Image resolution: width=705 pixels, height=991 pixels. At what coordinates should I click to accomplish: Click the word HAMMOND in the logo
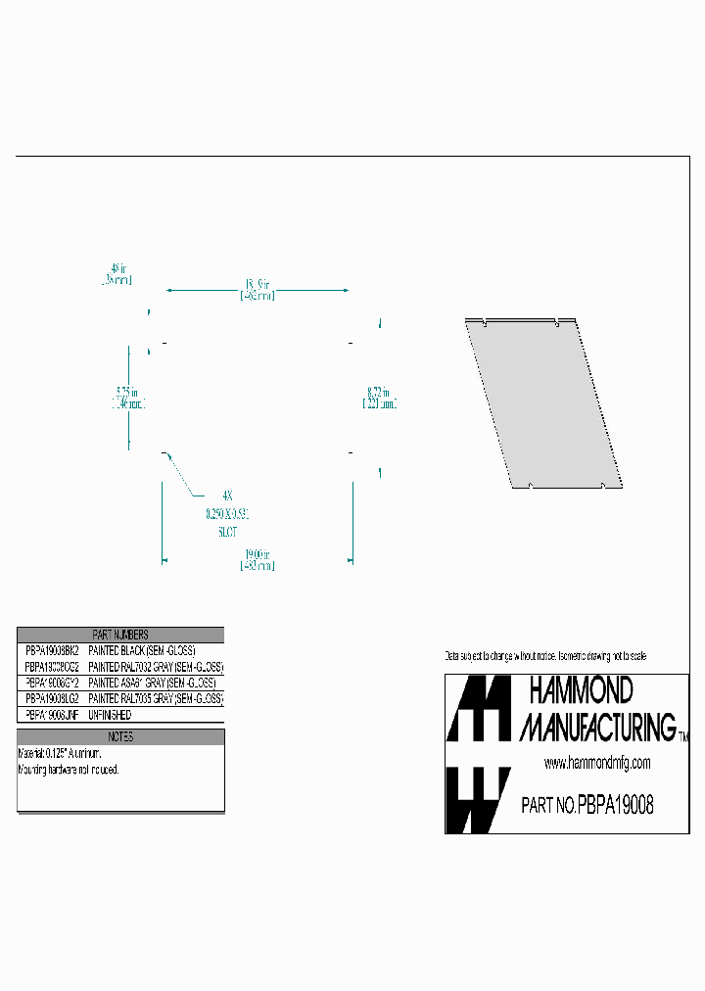coord(581,690)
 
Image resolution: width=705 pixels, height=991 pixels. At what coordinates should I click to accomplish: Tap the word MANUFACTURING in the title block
coord(597,727)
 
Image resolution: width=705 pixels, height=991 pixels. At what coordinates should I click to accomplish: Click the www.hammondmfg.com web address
coord(597,762)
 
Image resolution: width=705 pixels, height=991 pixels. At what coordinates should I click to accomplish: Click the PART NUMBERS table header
coord(120,635)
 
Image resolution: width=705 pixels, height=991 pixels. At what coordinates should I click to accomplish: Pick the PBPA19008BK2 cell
coord(52,650)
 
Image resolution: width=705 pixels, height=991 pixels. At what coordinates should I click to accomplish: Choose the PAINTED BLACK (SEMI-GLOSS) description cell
coord(142,650)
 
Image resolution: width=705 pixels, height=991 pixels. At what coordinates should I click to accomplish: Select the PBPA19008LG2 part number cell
coord(52,698)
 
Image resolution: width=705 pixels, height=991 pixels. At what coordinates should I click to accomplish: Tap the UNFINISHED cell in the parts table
coord(110,715)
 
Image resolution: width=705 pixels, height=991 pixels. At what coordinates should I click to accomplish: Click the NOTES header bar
coord(120,736)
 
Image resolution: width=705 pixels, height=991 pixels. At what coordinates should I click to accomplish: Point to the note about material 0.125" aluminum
coord(60,754)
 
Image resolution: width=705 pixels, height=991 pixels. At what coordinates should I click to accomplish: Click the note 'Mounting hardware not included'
coord(69,770)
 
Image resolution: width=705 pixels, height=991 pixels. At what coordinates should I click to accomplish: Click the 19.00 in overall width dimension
coord(258,559)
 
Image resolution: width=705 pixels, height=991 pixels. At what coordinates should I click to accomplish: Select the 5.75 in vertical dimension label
coord(122,397)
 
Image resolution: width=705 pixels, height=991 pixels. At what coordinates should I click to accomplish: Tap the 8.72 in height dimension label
coord(379,397)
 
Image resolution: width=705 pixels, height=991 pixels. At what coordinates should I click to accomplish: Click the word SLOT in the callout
coord(227,533)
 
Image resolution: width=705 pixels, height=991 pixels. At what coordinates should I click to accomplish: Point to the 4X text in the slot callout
coord(227,495)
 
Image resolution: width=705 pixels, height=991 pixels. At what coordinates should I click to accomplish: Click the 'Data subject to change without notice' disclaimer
coord(545,655)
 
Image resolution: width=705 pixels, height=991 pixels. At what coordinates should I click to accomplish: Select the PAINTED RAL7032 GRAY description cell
coord(156,666)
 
